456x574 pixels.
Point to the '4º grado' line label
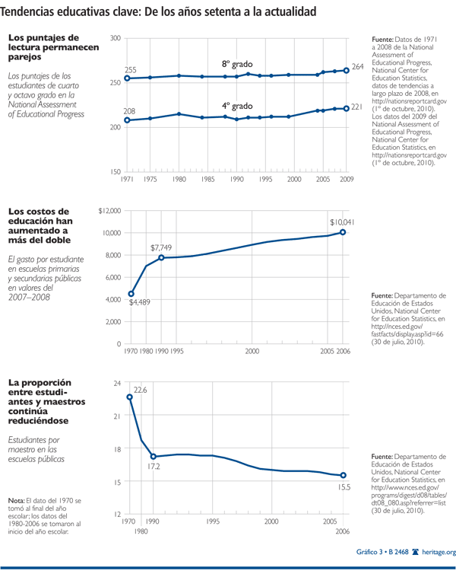click(236, 105)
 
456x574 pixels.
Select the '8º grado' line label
click(236, 64)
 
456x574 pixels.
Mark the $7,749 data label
click(163, 247)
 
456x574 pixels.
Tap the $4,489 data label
click(138, 303)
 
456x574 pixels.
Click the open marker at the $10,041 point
click(343, 232)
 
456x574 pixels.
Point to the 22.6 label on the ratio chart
click(141, 390)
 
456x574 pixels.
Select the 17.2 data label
click(154, 467)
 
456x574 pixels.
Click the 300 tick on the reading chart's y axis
click(115, 38)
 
